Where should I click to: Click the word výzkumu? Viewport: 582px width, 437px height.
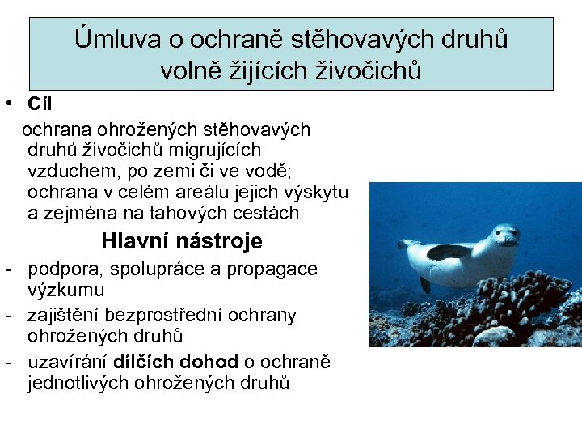(65, 290)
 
